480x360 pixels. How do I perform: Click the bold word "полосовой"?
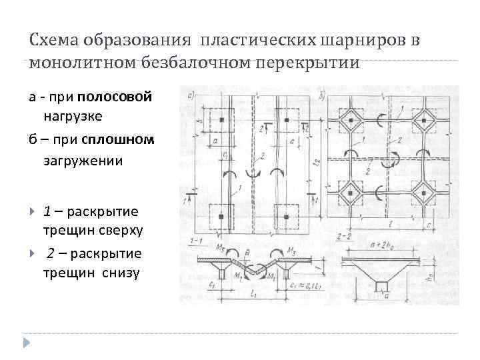(114, 97)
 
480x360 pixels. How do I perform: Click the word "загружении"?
(83, 161)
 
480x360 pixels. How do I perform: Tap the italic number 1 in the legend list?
(47, 211)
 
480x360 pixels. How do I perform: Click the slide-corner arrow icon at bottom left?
(27, 343)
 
